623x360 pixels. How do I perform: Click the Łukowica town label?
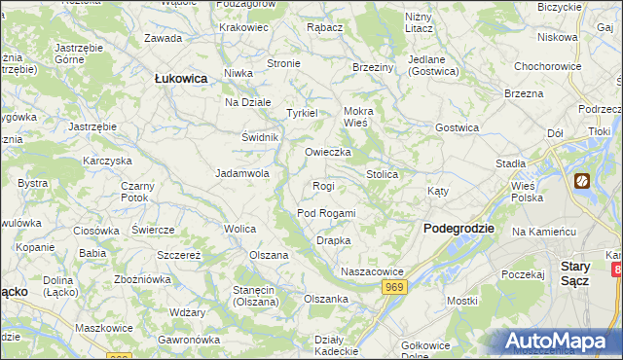click(181, 79)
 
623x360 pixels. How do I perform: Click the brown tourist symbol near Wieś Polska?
click(582, 181)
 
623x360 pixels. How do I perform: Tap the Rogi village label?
click(323, 185)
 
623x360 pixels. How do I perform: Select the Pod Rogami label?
click(326, 213)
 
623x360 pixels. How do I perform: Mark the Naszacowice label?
click(372, 270)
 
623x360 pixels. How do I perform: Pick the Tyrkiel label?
click(302, 113)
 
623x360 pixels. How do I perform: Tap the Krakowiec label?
click(244, 27)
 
